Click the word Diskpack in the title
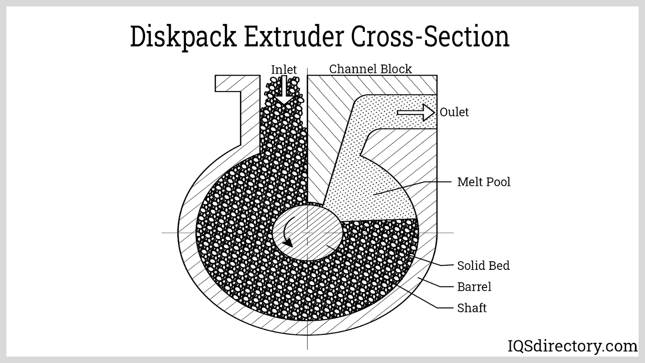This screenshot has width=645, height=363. pos(183,37)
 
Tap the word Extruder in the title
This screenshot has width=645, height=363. pos(293,37)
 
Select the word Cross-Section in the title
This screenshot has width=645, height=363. pos(430,37)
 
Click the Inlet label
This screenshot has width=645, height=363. pos(284,69)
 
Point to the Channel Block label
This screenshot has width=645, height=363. pos(370,69)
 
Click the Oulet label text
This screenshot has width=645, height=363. pos(454,112)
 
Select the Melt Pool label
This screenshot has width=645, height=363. pos(483,182)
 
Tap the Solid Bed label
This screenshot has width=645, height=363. pos(483,265)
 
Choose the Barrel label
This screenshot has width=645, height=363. pos(474,287)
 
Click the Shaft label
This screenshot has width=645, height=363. pos(472,308)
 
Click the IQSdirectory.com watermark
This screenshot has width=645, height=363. pos(572,346)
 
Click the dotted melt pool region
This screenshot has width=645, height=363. pos(363,181)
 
